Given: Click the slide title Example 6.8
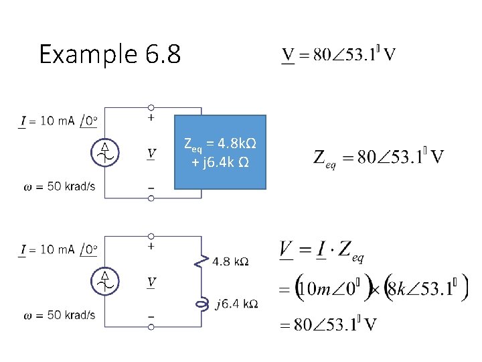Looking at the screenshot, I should click(x=110, y=54).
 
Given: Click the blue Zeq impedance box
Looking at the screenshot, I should click(x=220, y=152).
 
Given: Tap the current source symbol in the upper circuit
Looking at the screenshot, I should click(x=104, y=152).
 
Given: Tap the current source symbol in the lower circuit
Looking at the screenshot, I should click(x=104, y=281).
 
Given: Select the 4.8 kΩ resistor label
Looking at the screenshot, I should click(x=231, y=261).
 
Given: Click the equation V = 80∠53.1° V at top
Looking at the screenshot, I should click(x=337, y=55).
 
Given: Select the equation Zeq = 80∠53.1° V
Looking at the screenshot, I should click(x=379, y=158).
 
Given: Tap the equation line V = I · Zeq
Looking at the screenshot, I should click(x=321, y=253).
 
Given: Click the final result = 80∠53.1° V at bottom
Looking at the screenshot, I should click(x=327, y=326).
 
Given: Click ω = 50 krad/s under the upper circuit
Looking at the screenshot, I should click(x=60, y=186).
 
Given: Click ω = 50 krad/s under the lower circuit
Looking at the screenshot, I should click(x=60, y=315).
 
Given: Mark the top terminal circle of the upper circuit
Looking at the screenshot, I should click(x=151, y=107).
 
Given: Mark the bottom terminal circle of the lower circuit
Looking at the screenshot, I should click(x=151, y=326).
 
